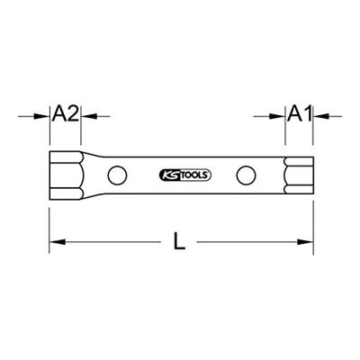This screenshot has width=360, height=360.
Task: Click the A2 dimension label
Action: pos(66,113)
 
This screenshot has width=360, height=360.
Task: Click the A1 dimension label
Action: pos(299,113)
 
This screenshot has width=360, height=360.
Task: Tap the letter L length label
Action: pos(179,241)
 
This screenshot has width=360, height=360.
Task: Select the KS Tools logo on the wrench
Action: pos(184,175)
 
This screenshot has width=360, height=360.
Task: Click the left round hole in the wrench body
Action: pos(117,175)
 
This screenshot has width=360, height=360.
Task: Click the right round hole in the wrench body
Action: pos(246,175)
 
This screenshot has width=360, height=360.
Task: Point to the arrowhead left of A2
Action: pos(42,116)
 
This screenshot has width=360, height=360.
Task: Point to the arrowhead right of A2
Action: pos(89,116)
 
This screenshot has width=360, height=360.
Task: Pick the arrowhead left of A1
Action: pos(277,116)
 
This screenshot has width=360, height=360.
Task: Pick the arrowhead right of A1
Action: pos(321,116)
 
